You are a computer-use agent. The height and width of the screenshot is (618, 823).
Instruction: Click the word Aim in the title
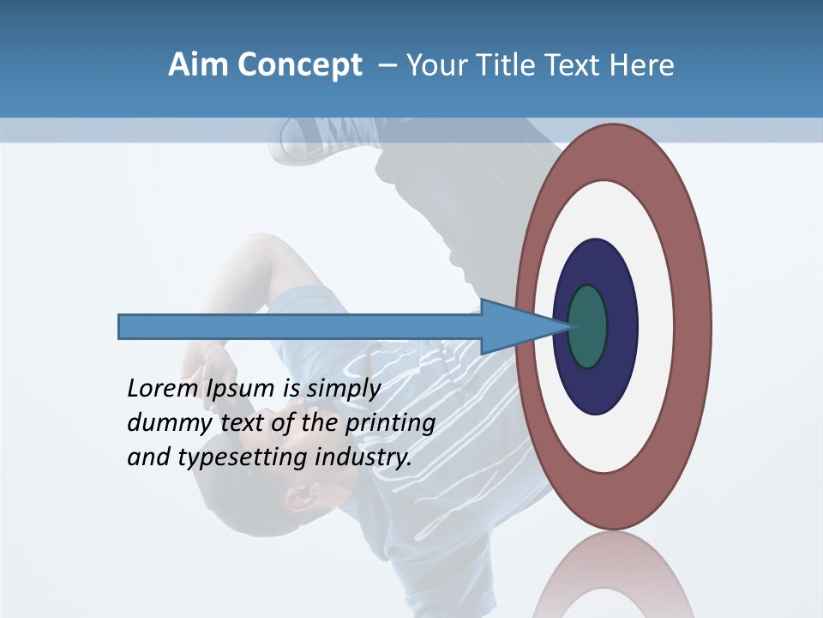tap(198, 65)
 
